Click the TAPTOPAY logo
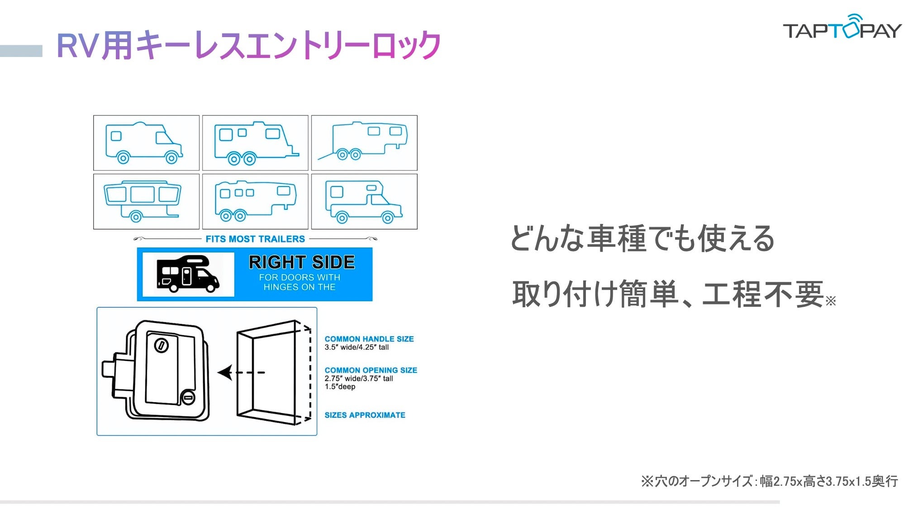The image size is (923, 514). coord(842,28)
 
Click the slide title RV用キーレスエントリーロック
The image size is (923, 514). coord(248,45)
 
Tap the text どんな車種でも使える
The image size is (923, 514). coord(642,238)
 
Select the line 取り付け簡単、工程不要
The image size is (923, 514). coord(668,294)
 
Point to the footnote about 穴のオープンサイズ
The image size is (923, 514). coord(769,481)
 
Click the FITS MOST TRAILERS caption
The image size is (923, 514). coord(255,239)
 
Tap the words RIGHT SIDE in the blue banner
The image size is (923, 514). coord(302,262)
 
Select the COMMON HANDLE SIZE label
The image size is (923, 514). coord(369,339)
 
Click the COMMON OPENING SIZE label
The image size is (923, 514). coord(371,370)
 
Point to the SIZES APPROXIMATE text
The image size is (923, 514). coord(365,415)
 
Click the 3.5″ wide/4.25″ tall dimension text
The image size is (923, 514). coord(357,347)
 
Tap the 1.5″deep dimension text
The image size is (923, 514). coord(340,387)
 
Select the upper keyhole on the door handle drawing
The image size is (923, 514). coord(162,346)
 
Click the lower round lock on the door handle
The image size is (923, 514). coord(188,398)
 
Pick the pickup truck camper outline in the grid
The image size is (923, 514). coord(363,201)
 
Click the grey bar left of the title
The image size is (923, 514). coord(21,51)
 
